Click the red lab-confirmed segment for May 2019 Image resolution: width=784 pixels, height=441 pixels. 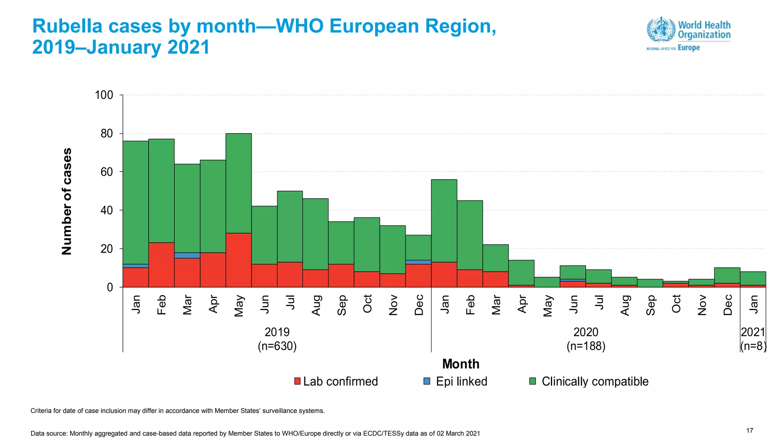tap(238, 260)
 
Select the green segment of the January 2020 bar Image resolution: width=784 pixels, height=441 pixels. tap(444, 221)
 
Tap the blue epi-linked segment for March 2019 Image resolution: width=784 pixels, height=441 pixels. tap(187, 255)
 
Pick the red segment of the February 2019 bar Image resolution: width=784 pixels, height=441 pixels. tap(162, 265)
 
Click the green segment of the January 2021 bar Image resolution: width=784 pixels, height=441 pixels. tap(753, 278)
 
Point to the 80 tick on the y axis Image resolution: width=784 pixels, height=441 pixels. tap(107, 134)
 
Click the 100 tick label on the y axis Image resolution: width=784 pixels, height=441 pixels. tap(104, 95)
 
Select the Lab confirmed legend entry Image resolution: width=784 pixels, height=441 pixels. tap(336, 381)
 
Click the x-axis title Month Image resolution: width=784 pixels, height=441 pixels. tap(461, 364)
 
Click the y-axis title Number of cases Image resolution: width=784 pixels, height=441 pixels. tap(67, 201)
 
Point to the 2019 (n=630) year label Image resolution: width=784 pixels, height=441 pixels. tap(277, 339)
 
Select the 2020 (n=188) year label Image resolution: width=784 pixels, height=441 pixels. tap(586, 339)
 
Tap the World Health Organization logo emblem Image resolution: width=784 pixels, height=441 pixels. tap(661, 29)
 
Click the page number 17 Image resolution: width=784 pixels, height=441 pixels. tap(750, 431)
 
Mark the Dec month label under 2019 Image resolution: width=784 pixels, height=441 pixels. tap(419, 305)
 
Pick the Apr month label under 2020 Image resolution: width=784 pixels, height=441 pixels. tap(522, 304)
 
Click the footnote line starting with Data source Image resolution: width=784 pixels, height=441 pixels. tap(255, 433)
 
